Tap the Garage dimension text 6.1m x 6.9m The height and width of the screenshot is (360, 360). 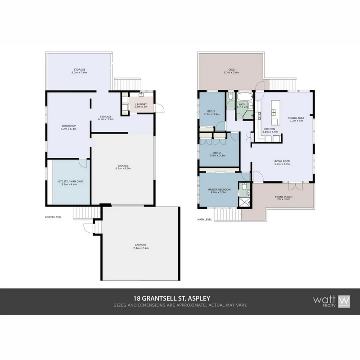[123, 168]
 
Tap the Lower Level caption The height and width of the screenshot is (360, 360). [53, 217]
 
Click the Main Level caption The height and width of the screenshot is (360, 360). [205, 220]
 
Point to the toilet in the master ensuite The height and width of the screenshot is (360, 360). [244, 186]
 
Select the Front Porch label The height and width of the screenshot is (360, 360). [284, 197]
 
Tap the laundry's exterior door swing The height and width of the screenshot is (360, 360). [160, 108]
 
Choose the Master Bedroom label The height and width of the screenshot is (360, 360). [219, 189]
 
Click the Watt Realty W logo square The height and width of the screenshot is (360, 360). [344, 301]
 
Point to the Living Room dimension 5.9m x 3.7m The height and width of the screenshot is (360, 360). [282, 164]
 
